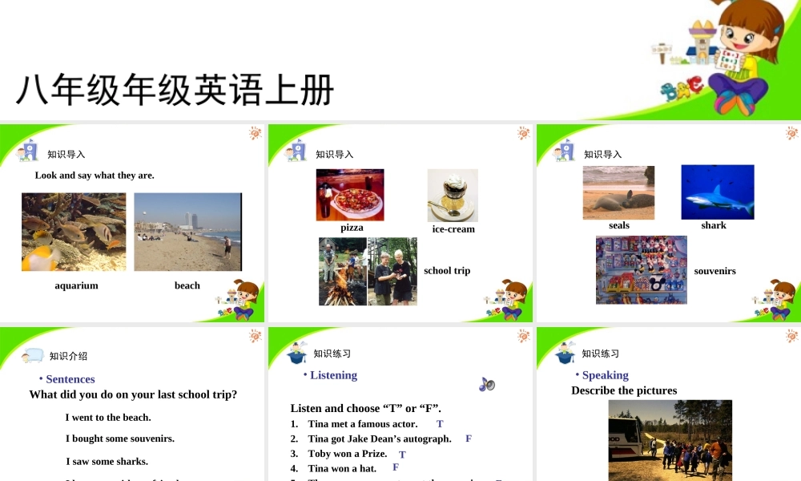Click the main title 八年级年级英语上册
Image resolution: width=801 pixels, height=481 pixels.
(x=175, y=91)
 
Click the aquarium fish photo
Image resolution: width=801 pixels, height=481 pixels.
(x=74, y=232)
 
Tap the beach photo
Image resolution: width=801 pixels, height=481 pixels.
(x=187, y=232)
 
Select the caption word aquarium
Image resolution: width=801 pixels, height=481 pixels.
(x=76, y=285)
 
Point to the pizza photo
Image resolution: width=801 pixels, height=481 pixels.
(x=350, y=195)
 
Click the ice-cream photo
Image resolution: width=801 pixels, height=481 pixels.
(x=453, y=195)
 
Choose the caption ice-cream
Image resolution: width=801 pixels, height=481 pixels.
(x=453, y=229)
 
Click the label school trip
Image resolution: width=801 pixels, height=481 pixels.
(x=447, y=271)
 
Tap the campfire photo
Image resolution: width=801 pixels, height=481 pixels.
(x=343, y=271)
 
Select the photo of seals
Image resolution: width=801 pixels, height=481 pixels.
(x=618, y=192)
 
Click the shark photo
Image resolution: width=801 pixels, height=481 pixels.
(x=718, y=192)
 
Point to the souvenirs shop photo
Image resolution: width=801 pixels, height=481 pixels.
(x=642, y=270)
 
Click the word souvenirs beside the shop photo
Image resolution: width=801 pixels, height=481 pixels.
(x=714, y=271)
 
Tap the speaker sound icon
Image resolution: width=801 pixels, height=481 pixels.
(x=487, y=385)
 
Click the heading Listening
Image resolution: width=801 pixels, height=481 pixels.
(x=333, y=375)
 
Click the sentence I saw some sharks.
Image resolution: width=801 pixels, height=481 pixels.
(x=107, y=461)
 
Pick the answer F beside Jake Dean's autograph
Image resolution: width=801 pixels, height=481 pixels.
(x=469, y=439)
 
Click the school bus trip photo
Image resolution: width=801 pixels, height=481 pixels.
(x=670, y=440)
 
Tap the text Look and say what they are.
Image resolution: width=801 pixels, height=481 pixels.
(x=95, y=176)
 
